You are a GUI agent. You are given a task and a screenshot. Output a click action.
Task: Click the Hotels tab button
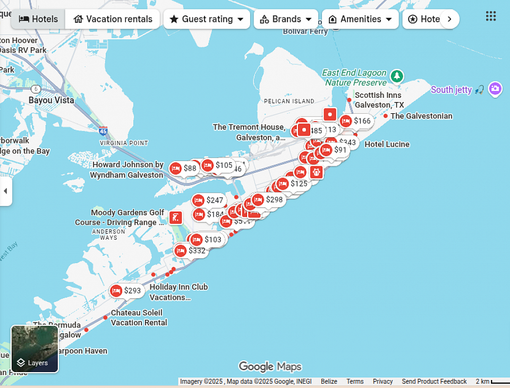pos(38,19)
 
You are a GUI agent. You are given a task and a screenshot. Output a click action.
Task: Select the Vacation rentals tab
pos(113,19)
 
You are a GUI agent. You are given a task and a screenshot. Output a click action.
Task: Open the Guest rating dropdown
pos(207,19)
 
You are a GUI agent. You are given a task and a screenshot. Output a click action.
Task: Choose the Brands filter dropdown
pos(286,19)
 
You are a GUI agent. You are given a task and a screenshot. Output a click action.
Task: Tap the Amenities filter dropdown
pos(360,19)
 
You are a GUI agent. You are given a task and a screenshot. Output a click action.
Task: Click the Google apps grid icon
pos(491,16)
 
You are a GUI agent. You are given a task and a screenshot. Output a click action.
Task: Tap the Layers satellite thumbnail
pos(35,349)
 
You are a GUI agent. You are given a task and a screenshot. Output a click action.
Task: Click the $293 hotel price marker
pos(126,291)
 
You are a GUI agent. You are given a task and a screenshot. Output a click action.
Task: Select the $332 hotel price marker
pos(191,250)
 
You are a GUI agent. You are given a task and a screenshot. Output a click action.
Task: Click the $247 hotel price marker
pos(208,200)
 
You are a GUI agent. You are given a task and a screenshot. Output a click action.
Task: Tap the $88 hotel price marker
pos(184,168)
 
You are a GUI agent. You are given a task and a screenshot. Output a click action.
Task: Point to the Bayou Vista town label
pos(51,100)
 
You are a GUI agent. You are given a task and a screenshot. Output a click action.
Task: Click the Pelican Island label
pos(289,101)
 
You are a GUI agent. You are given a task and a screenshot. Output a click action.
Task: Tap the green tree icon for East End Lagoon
pos(396,76)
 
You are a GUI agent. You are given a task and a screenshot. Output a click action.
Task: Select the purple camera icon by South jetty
pos(495,89)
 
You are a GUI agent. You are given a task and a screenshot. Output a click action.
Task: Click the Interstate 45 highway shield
pos(103,131)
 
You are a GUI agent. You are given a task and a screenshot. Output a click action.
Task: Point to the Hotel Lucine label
pos(387,144)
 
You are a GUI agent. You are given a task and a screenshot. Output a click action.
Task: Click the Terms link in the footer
pos(355,382)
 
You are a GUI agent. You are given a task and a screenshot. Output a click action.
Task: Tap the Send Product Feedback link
pos(434,382)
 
